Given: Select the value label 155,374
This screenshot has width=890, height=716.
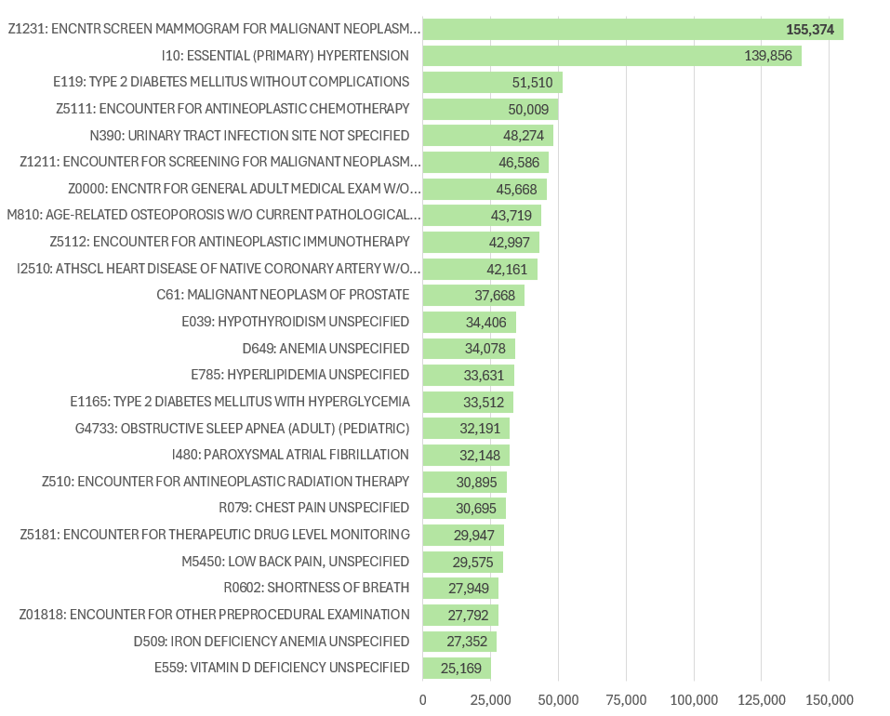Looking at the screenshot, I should (x=813, y=30).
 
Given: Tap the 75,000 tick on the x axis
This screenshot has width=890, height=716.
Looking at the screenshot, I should (x=626, y=699).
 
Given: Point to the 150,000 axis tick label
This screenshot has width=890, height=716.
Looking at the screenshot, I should (x=829, y=699).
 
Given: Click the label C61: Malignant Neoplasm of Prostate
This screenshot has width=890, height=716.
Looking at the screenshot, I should (x=283, y=295).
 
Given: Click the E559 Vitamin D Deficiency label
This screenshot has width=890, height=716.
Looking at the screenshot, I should (x=282, y=668).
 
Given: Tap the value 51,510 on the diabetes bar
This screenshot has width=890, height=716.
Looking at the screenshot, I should (x=533, y=83).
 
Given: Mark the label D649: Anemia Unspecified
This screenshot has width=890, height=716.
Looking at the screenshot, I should (x=325, y=349).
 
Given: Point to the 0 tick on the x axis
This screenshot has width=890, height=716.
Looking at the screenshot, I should (x=423, y=699).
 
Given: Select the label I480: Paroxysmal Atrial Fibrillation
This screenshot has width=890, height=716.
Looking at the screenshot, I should (x=290, y=455).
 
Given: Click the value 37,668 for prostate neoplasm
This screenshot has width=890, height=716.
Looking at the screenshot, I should (x=495, y=296).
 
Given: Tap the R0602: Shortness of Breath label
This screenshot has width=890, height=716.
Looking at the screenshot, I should (x=316, y=588).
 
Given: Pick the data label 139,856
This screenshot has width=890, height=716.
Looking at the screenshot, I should (x=768, y=57).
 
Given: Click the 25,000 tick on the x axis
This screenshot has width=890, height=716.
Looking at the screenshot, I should (x=491, y=699).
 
